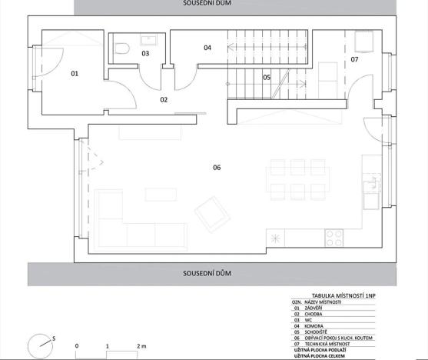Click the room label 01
75,74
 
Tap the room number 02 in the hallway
164,99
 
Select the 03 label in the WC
144,53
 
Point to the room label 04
207,48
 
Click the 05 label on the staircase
267,77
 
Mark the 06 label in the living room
217,167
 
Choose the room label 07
354,59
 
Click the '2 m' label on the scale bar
141,345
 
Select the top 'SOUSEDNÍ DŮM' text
207,4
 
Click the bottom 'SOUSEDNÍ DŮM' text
207,273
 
